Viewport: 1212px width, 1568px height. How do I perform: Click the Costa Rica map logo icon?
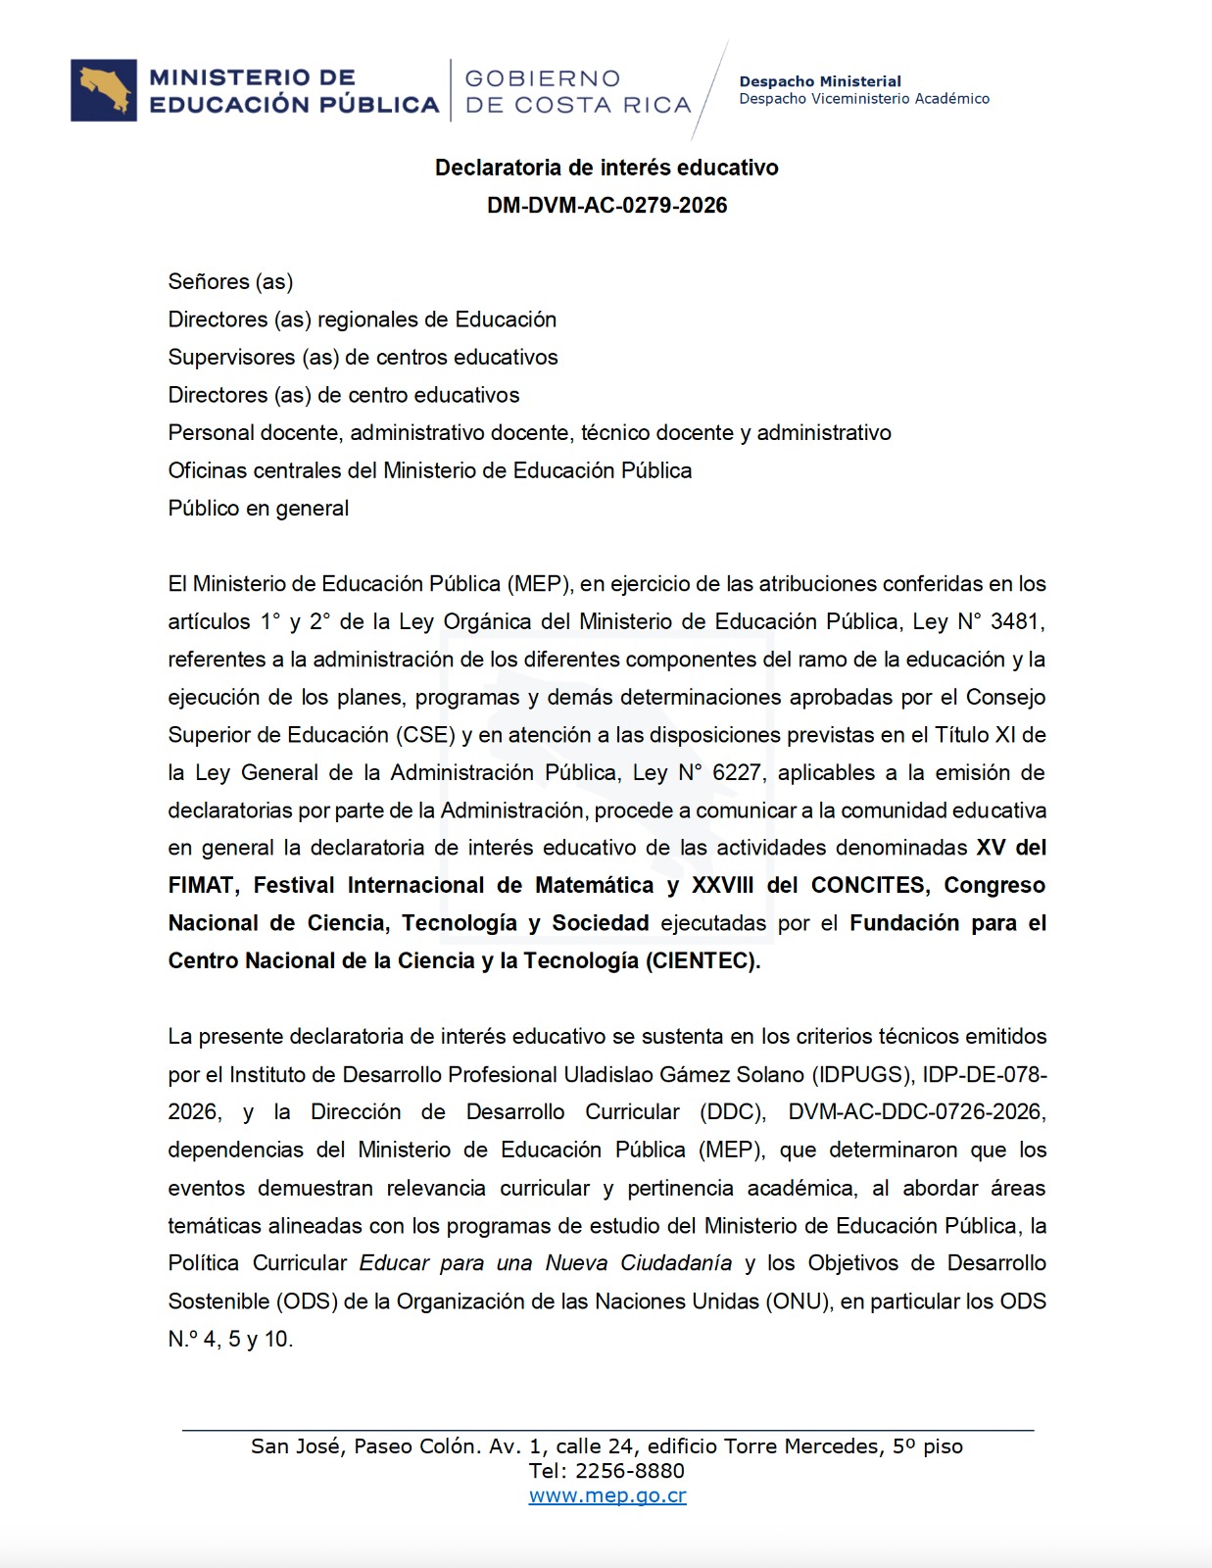pos(104,91)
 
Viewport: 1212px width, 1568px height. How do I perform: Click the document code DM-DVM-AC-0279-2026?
pos(606,206)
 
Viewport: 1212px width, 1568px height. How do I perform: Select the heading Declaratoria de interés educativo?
pos(606,168)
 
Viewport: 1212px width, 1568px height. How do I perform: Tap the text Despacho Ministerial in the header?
pos(820,81)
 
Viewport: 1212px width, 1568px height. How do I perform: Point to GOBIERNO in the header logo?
pos(543,78)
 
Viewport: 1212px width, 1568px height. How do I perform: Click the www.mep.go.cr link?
pos(607,1496)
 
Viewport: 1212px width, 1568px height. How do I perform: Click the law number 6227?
pos(736,773)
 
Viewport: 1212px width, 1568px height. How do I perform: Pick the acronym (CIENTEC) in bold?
pos(702,961)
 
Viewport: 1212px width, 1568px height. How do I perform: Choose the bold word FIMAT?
pos(201,886)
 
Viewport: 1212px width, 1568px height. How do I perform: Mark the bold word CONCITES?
pos(868,886)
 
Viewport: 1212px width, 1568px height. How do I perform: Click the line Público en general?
pos(259,509)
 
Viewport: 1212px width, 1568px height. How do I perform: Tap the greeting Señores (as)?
pos(230,282)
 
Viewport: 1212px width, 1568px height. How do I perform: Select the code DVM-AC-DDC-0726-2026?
pos(917,1112)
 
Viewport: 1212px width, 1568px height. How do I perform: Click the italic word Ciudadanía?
pos(676,1263)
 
